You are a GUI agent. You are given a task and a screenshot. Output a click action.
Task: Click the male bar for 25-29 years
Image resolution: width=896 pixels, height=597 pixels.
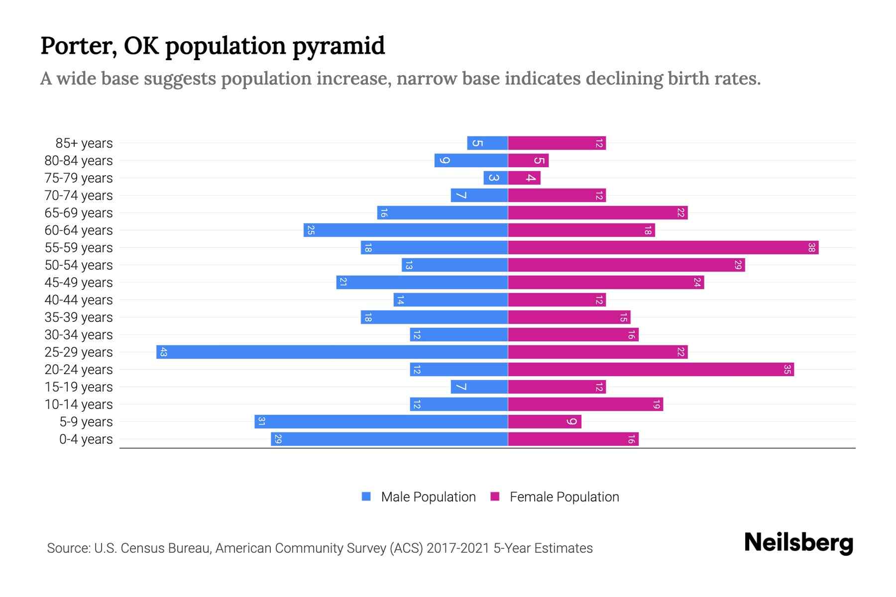[x=332, y=352]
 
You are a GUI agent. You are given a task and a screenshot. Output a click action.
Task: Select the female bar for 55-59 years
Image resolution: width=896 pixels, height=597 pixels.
[x=663, y=248]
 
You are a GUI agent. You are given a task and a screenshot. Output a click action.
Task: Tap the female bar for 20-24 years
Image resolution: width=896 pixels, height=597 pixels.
[x=651, y=370]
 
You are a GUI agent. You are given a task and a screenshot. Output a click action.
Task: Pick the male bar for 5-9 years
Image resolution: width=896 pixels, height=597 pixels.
[x=381, y=422]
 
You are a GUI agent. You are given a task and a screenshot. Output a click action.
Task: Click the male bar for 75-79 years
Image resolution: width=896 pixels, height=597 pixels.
[x=495, y=178]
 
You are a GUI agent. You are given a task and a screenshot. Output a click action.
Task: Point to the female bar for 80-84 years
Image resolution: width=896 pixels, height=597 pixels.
[x=528, y=161]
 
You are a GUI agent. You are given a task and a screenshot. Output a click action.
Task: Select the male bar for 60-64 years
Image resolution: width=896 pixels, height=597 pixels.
[x=406, y=230]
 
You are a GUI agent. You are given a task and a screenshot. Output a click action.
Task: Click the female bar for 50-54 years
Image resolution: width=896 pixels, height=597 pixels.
[x=626, y=265]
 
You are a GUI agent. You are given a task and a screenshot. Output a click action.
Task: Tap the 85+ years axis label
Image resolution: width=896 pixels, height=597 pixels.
[x=84, y=143]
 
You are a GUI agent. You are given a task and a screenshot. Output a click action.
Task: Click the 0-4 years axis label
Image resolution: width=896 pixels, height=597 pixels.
[x=86, y=439]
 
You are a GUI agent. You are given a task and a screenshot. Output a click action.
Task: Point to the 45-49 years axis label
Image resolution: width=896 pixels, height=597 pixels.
[x=79, y=283]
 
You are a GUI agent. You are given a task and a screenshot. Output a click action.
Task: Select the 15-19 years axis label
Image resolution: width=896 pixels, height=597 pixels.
[x=79, y=387]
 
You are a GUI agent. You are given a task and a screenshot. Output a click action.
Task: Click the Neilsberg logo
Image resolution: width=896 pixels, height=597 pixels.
[x=798, y=543]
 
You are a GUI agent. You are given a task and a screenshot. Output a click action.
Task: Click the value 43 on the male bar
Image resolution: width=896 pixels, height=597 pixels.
[x=163, y=352]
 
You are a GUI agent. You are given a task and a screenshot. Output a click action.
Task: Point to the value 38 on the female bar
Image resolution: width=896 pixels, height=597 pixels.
[x=811, y=248]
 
